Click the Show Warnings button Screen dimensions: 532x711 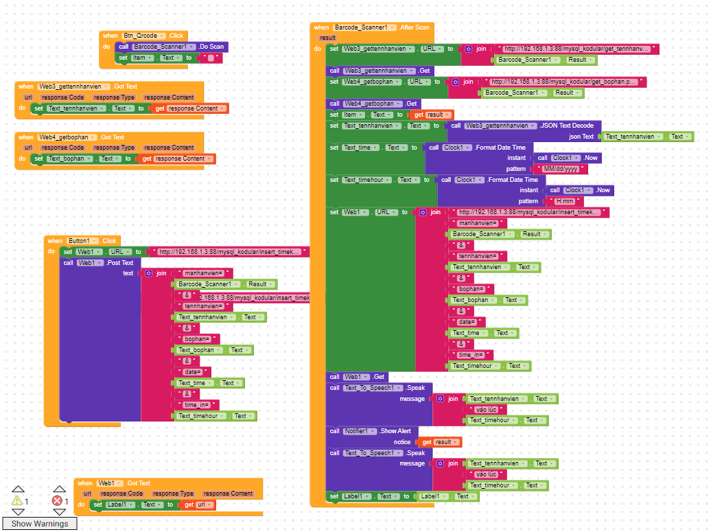[40, 524]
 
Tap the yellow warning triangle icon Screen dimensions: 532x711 [17, 501]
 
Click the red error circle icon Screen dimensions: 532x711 [57, 501]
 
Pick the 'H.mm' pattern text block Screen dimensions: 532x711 [564, 201]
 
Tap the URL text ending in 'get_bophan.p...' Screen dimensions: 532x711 [563, 82]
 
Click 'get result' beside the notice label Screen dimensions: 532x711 [439, 442]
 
